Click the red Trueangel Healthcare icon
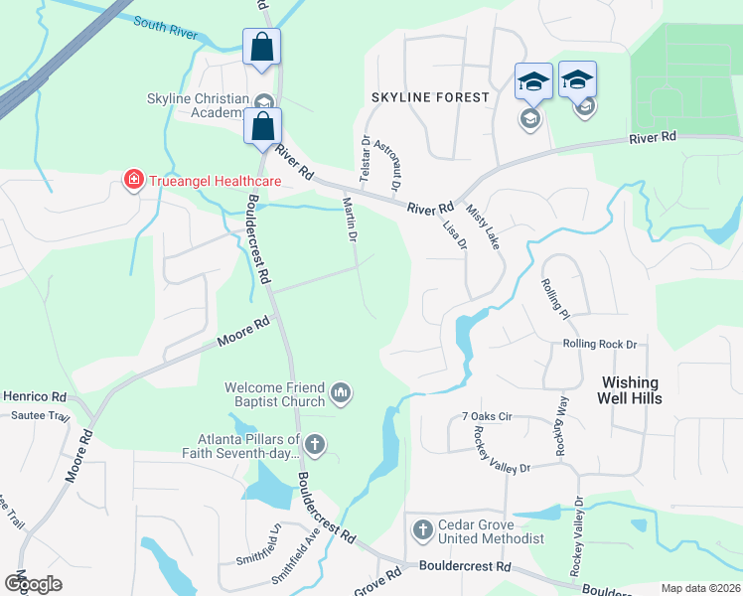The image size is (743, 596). pyautogui.click(x=131, y=180)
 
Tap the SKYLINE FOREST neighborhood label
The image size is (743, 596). pyautogui.click(x=430, y=97)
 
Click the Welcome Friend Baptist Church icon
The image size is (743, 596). pyautogui.click(x=342, y=394)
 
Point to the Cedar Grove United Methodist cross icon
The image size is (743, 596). pyautogui.click(x=421, y=528)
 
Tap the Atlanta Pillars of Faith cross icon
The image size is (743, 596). pyautogui.click(x=315, y=444)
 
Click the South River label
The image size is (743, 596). pyautogui.click(x=165, y=27)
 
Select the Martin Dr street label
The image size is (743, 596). pyautogui.click(x=350, y=220)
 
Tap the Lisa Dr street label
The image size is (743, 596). pyautogui.click(x=455, y=235)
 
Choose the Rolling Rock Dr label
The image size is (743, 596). pyautogui.click(x=599, y=344)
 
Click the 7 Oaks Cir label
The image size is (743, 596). pyautogui.click(x=486, y=416)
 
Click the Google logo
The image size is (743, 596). pyautogui.click(x=33, y=583)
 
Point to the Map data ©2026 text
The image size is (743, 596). pyautogui.click(x=700, y=588)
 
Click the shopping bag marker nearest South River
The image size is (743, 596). pyautogui.click(x=261, y=47)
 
